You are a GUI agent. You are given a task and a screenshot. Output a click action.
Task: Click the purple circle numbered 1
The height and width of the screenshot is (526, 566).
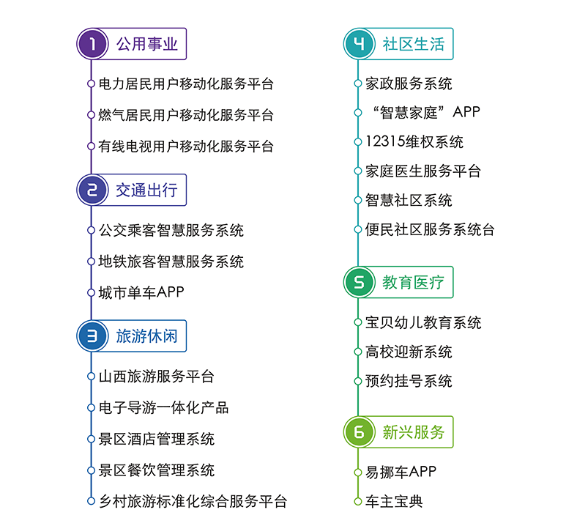tap(92, 44)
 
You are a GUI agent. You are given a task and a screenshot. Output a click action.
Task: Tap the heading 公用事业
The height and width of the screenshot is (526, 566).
tap(147, 44)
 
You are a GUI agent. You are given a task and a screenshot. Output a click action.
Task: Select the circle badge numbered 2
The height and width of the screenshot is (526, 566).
tap(92, 190)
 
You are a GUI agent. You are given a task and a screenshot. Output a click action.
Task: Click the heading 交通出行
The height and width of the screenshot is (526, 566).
tap(147, 190)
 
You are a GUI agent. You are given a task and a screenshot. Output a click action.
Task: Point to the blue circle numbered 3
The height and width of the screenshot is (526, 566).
tap(92, 336)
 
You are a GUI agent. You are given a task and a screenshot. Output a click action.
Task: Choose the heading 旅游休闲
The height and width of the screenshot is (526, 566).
tap(147, 336)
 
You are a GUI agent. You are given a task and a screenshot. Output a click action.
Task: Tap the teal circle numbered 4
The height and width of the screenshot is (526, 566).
tap(360, 44)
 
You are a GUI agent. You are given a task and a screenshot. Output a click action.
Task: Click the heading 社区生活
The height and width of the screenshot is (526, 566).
tap(414, 44)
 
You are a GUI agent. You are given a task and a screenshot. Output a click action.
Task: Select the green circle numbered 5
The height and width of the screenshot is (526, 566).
tap(360, 282)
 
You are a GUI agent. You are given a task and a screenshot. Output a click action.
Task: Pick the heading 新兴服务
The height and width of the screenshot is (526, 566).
tap(414, 432)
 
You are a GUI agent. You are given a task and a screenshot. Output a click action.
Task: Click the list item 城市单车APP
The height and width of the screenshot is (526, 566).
tap(141, 292)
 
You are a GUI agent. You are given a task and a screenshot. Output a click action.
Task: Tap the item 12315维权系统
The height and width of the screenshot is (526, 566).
tap(414, 141)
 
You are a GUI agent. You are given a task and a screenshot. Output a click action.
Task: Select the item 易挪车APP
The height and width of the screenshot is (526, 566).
tap(401, 472)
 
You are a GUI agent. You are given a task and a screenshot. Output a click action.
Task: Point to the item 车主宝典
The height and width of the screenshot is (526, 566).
tap(394, 501)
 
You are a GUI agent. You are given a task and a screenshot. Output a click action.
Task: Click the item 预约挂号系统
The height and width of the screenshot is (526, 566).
tap(409, 381)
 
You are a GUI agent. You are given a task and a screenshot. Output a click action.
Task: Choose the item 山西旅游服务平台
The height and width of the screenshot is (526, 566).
tap(156, 377)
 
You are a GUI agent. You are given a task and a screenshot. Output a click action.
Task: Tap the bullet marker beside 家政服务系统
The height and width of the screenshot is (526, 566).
tap(358, 84)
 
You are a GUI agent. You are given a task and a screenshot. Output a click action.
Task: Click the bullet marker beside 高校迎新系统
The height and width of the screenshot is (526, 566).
tap(358, 352)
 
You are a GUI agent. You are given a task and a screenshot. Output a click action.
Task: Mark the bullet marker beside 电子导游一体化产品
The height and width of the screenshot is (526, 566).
tap(91, 407)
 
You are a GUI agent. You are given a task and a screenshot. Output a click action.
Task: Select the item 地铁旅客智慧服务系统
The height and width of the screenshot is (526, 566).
tap(171, 262)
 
